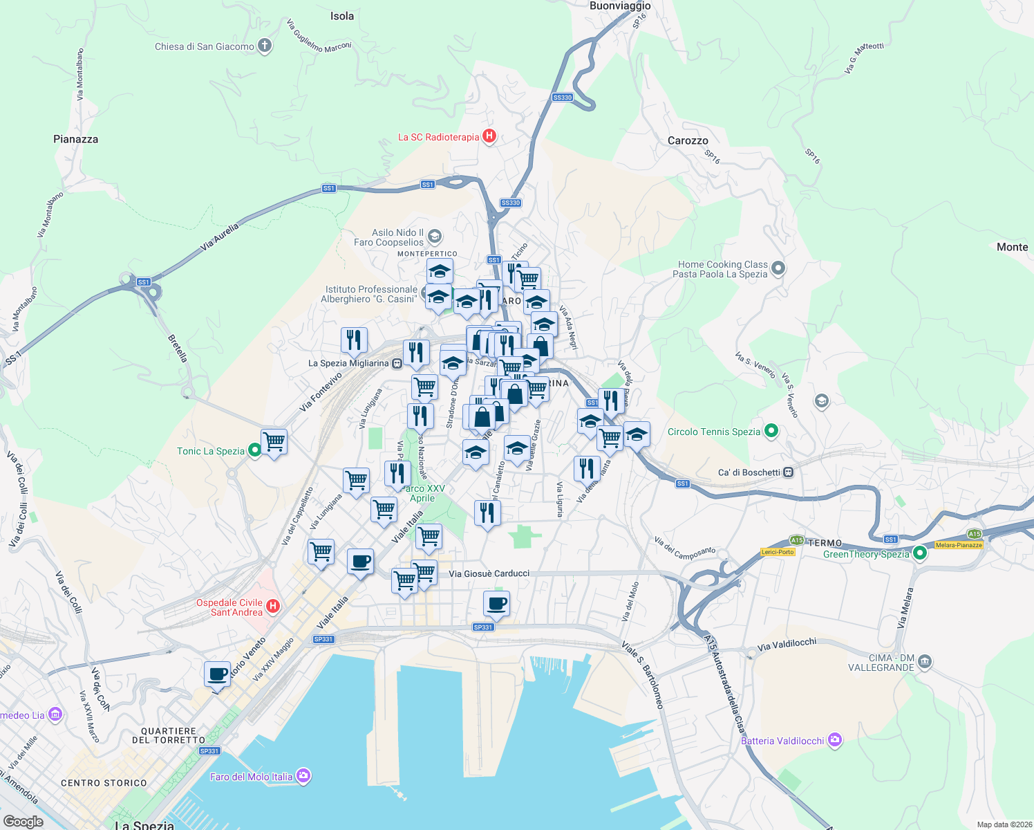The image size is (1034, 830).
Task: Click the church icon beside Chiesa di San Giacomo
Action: coord(264,46)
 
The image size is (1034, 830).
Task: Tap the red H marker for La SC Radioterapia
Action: coord(489,136)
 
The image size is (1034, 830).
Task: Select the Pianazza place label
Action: coord(75,139)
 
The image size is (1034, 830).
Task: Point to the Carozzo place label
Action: coord(688,140)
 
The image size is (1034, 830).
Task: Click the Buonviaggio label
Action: coord(619,6)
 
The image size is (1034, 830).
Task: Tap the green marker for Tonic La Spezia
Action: coord(254,451)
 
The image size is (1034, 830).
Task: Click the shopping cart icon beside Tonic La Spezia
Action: coord(274,441)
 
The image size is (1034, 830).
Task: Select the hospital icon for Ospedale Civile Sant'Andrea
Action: coord(273,607)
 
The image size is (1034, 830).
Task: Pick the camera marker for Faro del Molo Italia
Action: coord(303,776)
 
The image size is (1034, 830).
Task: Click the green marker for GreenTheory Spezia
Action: coord(919,553)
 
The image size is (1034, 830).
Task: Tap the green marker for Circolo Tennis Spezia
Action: coord(771,432)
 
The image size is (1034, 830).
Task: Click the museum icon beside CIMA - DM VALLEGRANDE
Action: coord(925,662)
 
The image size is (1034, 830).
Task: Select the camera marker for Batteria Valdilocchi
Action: coord(835,740)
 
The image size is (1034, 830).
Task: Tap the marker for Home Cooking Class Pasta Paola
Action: coord(778,268)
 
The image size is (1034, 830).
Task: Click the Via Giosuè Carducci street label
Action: coord(489,573)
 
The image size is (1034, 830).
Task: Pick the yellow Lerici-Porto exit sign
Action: coord(778,552)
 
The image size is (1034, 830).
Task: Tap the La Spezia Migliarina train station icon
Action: coord(397,363)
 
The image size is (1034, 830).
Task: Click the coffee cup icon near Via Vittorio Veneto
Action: coord(218,674)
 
